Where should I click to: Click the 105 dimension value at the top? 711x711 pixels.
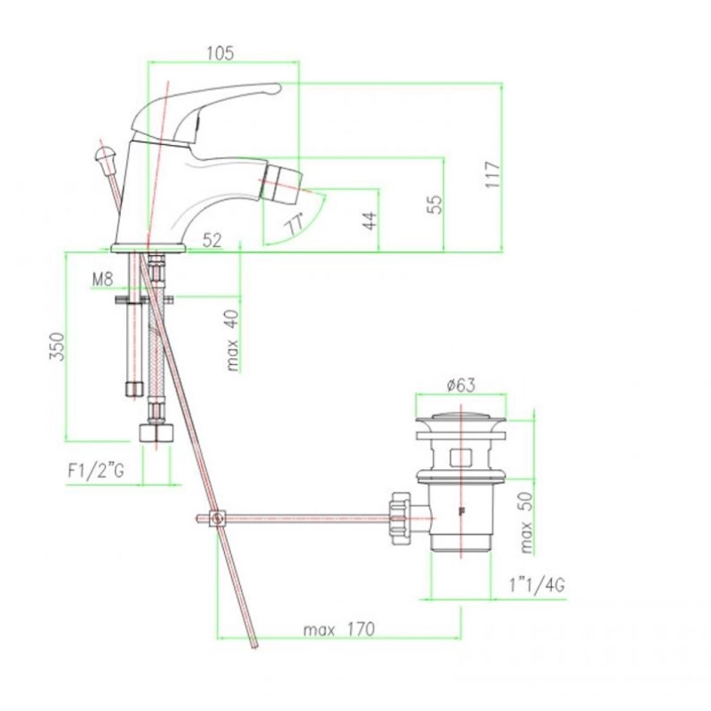pos(220,53)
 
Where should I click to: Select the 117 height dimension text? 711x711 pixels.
pos(493,174)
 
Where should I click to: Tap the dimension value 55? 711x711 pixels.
pos(435,204)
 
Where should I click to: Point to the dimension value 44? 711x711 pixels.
pos(371,220)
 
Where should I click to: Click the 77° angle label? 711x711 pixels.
pos(294,225)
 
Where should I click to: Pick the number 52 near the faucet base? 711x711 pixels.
pos(212,240)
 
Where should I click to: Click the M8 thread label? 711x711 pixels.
pos(102,279)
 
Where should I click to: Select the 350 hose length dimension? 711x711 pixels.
pos(58,347)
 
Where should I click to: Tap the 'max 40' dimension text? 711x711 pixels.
pos(232,340)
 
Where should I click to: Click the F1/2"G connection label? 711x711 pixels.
pos(96,472)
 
